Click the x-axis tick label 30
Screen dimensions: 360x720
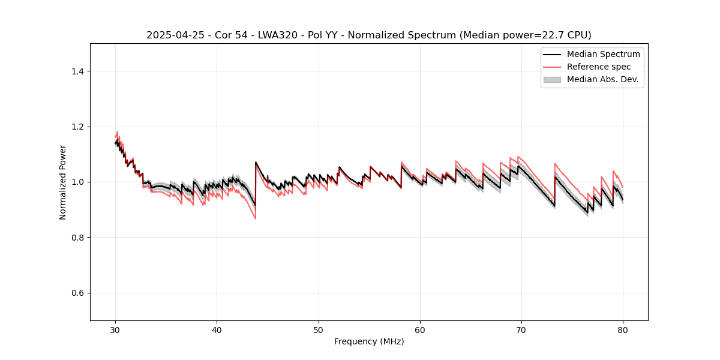click(x=115, y=330)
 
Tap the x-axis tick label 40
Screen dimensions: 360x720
click(x=217, y=330)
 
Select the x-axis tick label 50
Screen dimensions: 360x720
click(x=318, y=330)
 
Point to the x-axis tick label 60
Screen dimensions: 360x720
click(x=419, y=330)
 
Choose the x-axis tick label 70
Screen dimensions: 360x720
click(x=521, y=330)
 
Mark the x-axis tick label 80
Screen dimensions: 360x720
click(x=622, y=330)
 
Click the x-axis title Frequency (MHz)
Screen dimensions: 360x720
click(x=369, y=341)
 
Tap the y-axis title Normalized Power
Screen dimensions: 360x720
click(x=62, y=182)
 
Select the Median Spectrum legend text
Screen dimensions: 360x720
click(x=603, y=54)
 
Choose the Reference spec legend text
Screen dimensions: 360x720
click(x=599, y=67)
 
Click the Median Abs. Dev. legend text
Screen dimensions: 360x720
click(x=602, y=79)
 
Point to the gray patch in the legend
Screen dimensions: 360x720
click(x=552, y=79)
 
